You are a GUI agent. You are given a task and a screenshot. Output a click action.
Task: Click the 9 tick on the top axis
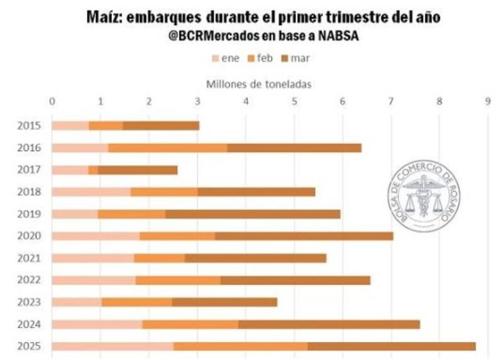pos(487,101)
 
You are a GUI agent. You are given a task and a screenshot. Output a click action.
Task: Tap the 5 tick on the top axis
pos(294,101)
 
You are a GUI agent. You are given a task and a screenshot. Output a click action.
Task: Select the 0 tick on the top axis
pos(52,101)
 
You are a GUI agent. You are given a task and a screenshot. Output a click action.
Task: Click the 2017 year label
pos(30,170)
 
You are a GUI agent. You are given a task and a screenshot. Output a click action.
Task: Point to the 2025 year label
pos(30,346)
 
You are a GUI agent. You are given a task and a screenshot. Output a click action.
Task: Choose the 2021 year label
pos(30,258)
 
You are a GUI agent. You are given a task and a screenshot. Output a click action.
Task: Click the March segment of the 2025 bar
pos(391,346)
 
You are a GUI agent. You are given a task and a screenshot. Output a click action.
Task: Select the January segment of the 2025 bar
pos(113,346)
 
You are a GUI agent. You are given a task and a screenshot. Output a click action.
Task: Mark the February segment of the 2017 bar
pos(93,170)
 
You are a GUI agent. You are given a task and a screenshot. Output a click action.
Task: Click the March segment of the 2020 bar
pos(304,236)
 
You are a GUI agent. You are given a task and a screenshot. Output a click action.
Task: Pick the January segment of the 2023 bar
pos(77,302)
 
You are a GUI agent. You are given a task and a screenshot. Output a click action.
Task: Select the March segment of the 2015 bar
pos(161,126)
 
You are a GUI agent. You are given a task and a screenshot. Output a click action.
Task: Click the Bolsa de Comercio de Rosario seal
pos(424,195)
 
